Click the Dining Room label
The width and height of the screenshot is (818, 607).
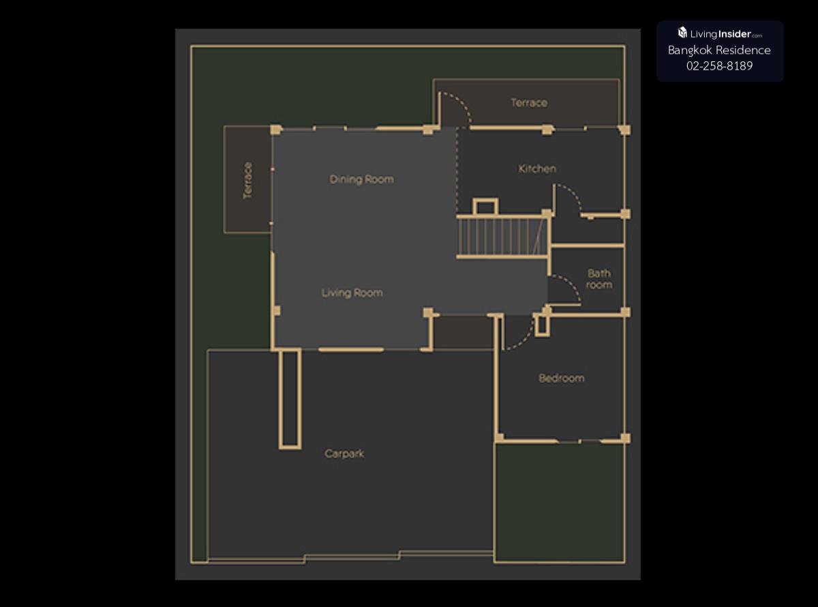361,179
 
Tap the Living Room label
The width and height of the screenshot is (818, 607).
352,293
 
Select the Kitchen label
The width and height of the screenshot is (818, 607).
537,168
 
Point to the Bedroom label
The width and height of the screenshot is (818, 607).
562,379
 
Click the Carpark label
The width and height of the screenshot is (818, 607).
344,454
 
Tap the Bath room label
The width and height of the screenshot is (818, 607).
599,279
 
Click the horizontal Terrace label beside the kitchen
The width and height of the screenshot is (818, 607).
529,102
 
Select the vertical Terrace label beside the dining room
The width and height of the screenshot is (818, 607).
248,181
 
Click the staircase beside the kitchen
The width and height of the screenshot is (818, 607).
503,236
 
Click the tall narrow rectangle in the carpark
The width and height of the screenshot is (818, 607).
290,399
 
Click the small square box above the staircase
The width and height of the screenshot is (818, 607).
485,207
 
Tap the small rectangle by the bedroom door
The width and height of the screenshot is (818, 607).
542,325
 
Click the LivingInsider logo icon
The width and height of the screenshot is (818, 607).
682,33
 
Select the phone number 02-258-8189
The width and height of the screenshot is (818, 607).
720,65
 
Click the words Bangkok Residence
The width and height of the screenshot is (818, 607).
720,50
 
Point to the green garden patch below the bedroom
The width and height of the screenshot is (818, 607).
560,503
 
